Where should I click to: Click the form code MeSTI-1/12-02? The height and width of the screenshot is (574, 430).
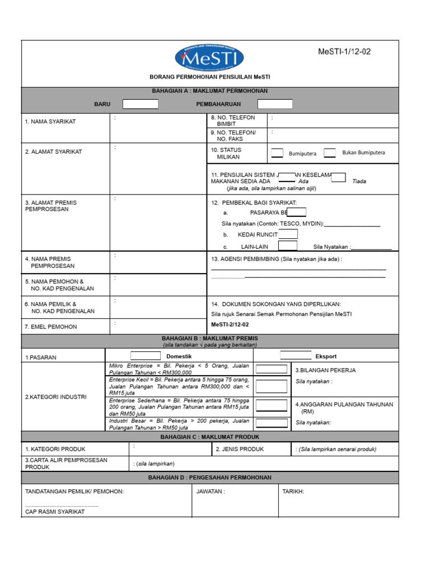(x=344, y=52)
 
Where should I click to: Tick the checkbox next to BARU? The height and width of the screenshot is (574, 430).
(x=141, y=104)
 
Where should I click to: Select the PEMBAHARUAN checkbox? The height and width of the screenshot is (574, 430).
(x=275, y=104)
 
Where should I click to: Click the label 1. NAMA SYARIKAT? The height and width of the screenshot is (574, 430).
(x=50, y=122)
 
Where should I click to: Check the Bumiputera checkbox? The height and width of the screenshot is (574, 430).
(x=277, y=152)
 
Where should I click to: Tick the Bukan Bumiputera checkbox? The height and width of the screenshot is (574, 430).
(x=330, y=152)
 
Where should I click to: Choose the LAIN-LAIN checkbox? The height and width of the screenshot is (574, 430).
(x=288, y=246)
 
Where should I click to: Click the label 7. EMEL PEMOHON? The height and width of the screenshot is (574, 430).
(x=51, y=327)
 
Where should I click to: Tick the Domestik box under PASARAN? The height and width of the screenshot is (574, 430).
(x=145, y=356)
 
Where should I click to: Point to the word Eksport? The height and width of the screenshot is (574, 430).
(x=326, y=356)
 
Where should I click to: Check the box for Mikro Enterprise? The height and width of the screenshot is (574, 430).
(x=271, y=369)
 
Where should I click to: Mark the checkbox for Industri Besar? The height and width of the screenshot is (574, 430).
(x=271, y=422)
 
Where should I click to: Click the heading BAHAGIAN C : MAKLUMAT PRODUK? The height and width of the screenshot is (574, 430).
(x=210, y=437)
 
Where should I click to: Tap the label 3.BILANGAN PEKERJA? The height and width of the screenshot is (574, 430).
(x=325, y=370)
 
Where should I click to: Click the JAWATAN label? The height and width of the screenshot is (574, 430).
(x=211, y=492)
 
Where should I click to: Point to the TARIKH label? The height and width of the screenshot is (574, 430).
(x=293, y=492)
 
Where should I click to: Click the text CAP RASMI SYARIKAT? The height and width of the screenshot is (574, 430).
(x=55, y=512)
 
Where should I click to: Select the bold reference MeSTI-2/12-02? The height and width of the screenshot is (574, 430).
(x=230, y=325)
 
